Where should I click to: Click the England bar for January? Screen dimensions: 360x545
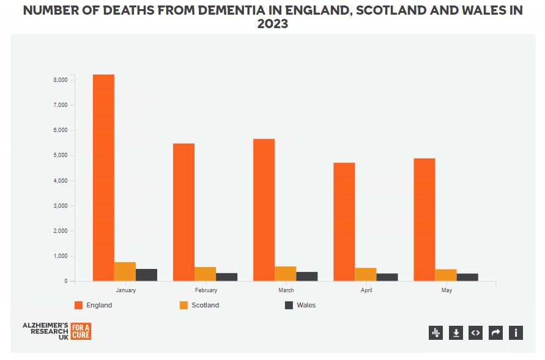(103, 177)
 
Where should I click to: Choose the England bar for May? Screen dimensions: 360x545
(425, 219)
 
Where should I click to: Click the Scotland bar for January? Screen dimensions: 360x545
(125, 271)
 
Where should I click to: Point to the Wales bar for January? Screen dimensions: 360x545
(146, 274)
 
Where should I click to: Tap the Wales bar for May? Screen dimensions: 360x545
(467, 277)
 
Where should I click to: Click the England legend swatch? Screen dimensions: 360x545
(78, 305)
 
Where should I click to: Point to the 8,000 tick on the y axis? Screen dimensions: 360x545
(59, 80)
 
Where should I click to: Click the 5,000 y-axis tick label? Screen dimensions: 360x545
(59, 155)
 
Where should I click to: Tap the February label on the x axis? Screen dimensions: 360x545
(206, 290)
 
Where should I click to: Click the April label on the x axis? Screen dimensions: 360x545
(366, 290)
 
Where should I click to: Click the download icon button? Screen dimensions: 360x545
(456, 332)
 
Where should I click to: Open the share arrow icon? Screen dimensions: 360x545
(496, 332)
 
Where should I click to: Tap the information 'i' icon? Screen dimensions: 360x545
(516, 332)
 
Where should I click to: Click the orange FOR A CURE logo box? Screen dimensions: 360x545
(81, 331)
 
